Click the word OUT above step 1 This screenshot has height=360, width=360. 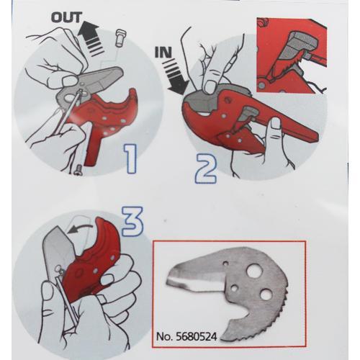coord(67,18)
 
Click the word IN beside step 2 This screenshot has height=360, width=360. coord(163,53)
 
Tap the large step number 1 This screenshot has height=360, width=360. coord(131,158)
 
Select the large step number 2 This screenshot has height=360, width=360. coord(206,168)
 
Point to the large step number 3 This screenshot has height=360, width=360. coord(132,222)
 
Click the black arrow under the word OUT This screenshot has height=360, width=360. coord(89,38)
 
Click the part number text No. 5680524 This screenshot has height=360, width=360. coord(186,336)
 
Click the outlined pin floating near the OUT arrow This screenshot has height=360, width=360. coord(120,37)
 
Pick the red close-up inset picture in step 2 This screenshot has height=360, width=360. coord(292,55)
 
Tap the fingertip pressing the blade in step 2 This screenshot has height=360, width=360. coord(210,86)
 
